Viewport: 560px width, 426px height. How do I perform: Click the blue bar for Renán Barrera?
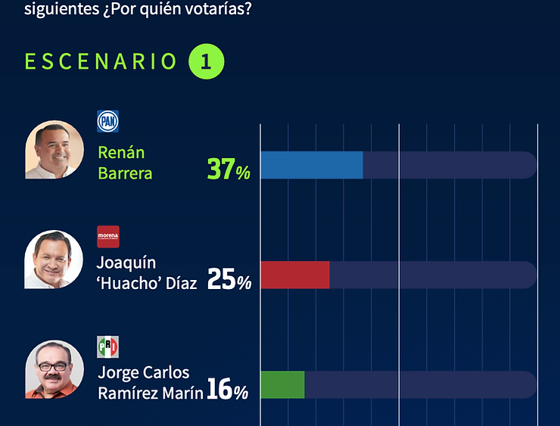(312, 165)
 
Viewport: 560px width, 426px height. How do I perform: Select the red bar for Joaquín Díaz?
(295, 275)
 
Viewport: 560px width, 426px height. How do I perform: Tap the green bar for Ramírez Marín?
(282, 384)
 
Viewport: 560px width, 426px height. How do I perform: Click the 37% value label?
(229, 169)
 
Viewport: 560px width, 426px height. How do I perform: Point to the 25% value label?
(229, 281)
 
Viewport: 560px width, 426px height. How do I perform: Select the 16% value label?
(227, 391)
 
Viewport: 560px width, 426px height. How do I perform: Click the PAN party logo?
(108, 121)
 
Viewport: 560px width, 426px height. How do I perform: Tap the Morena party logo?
(108, 237)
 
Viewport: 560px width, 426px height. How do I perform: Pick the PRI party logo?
(108, 347)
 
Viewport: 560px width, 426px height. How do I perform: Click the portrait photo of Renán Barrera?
(54, 150)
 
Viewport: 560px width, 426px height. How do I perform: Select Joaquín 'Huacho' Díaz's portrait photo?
(54, 260)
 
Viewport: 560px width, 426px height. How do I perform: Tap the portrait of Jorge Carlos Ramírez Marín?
(54, 369)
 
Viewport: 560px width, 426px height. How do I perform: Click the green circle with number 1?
(207, 61)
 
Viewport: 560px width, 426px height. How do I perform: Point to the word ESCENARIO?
(101, 61)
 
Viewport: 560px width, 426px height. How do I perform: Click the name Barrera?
(125, 173)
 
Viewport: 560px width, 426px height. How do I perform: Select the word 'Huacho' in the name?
(126, 284)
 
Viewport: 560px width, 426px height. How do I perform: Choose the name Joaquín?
(126, 263)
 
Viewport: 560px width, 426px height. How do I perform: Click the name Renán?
(121, 153)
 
